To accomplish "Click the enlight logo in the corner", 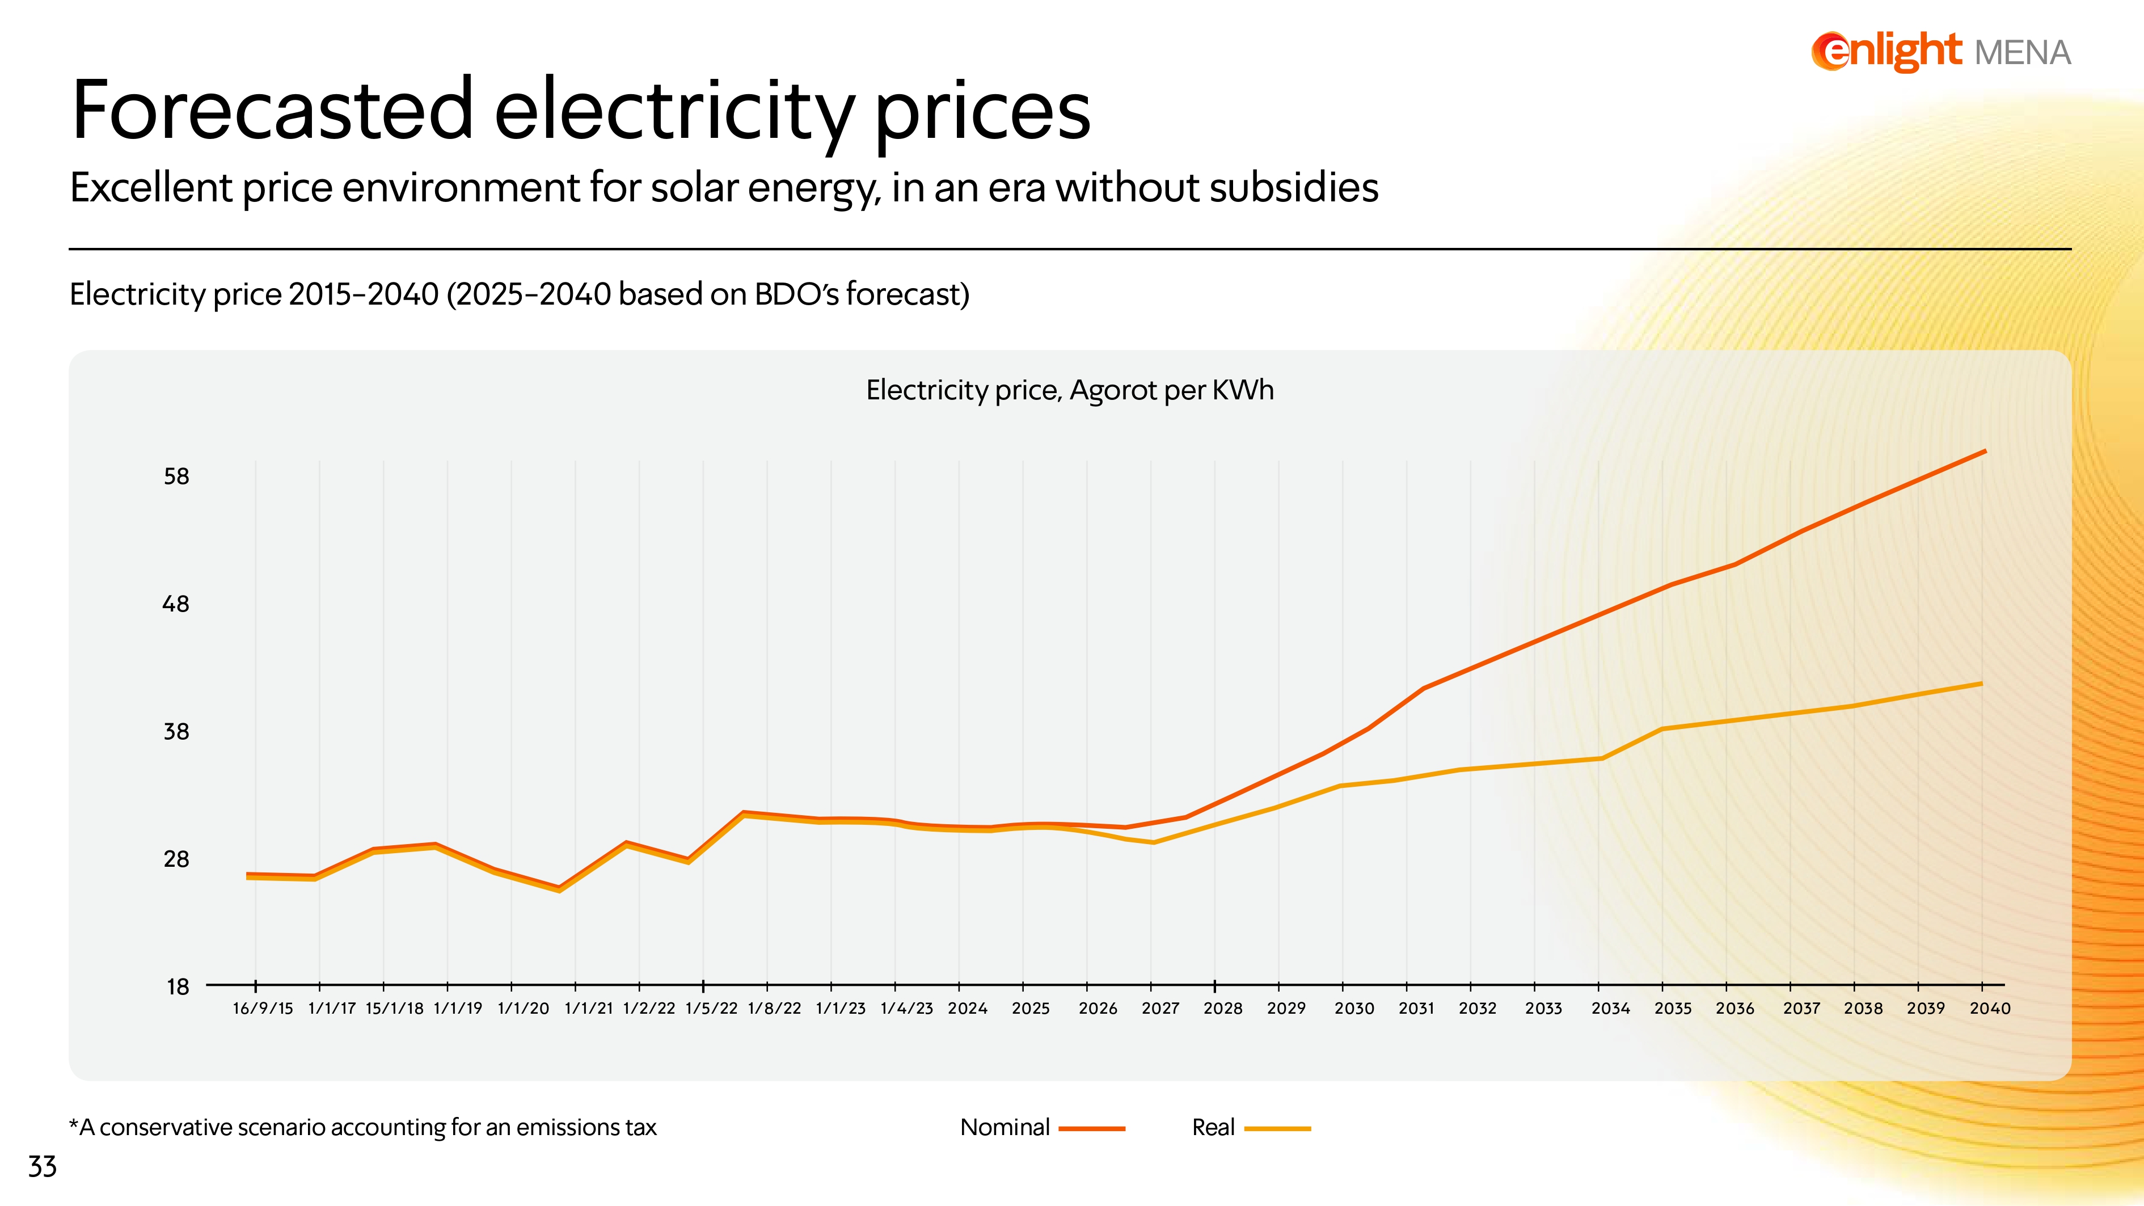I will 1886,52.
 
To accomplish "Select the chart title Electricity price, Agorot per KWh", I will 1070,390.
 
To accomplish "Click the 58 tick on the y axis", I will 176,477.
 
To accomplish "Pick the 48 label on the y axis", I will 176,604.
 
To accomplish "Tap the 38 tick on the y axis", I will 176,732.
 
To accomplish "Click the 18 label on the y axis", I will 178,987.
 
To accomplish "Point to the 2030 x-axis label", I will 1354,1009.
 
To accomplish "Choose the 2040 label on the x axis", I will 1990,1009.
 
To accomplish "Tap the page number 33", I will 43,1167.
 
